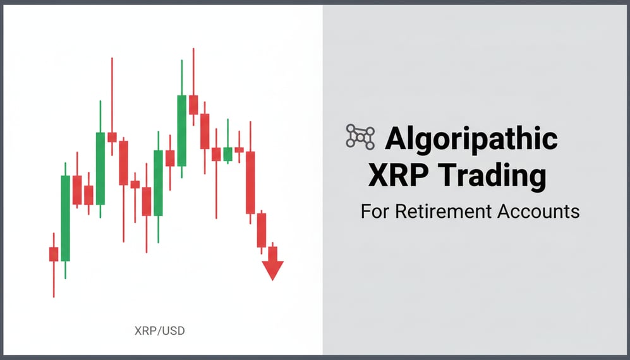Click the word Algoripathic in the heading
point(471,138)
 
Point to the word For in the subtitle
point(375,211)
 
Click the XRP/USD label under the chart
point(160,330)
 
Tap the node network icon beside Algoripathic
point(360,137)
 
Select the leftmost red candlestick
point(54,254)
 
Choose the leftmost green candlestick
point(65,218)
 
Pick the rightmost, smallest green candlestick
point(227,153)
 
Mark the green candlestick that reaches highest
point(182,130)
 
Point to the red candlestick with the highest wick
point(193,104)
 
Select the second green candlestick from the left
point(100,168)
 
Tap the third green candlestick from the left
point(158,183)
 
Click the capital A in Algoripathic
point(397,139)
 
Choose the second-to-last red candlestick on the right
point(262,230)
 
